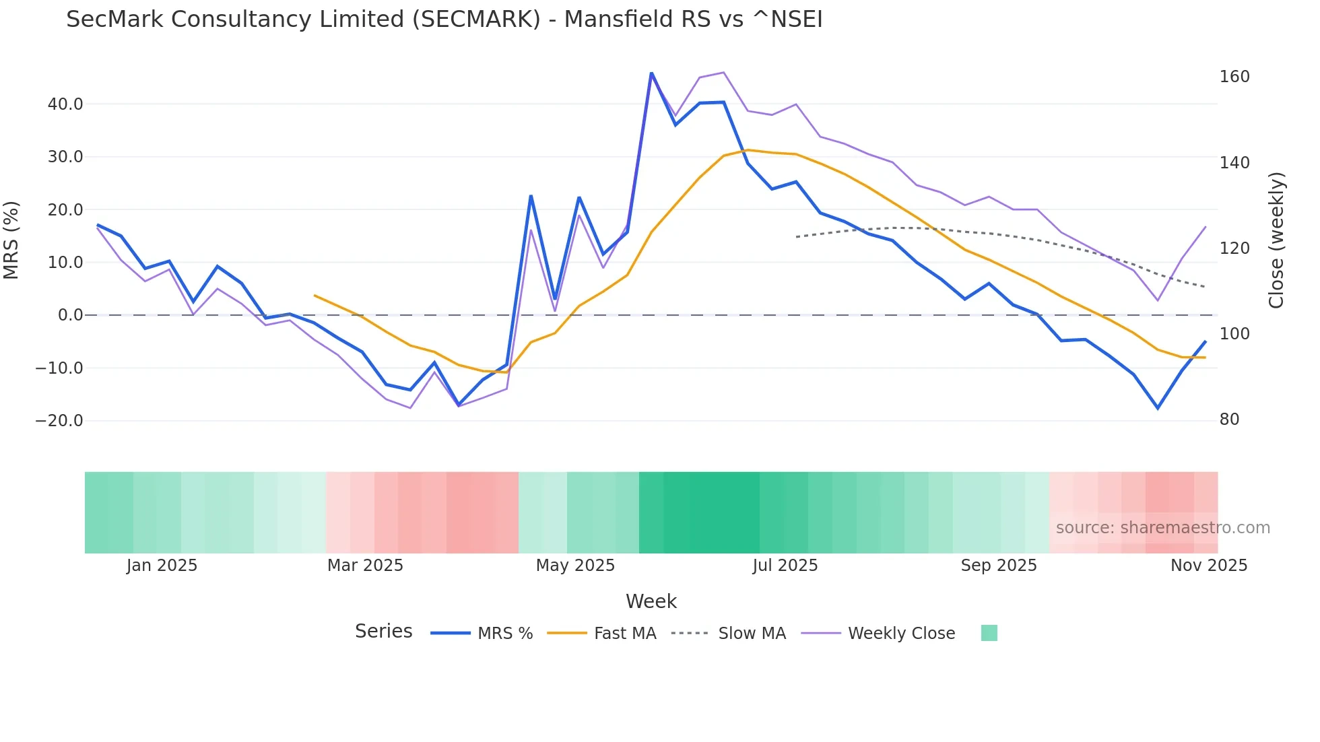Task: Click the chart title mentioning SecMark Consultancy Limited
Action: (444, 20)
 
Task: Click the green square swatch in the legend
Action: (989, 633)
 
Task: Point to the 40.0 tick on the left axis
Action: (65, 104)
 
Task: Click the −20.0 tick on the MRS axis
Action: (59, 421)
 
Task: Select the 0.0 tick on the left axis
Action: (70, 315)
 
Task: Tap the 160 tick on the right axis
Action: (1234, 77)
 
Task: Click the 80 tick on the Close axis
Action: (1229, 419)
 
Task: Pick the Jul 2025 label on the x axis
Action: (785, 566)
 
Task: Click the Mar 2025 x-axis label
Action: (365, 566)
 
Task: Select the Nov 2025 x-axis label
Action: (1208, 566)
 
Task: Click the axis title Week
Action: (651, 601)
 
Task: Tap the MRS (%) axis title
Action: (11, 240)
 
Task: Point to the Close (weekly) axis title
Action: (1276, 240)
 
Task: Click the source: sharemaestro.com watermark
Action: (1162, 528)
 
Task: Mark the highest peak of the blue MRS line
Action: (651, 73)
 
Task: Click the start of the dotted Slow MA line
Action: (796, 237)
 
